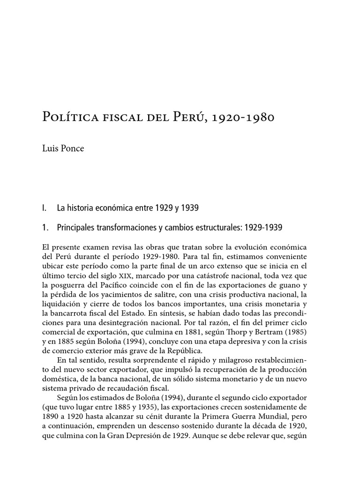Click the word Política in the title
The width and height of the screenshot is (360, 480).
[67, 117]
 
